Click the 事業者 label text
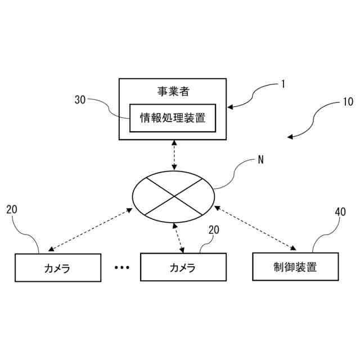point(173,91)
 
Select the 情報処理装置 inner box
point(173,118)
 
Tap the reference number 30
point(80,100)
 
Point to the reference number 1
point(283,84)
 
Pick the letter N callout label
point(260,159)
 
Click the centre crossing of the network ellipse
point(174,195)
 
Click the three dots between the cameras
point(122,268)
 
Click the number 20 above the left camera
point(12,210)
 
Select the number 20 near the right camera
point(214,230)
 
